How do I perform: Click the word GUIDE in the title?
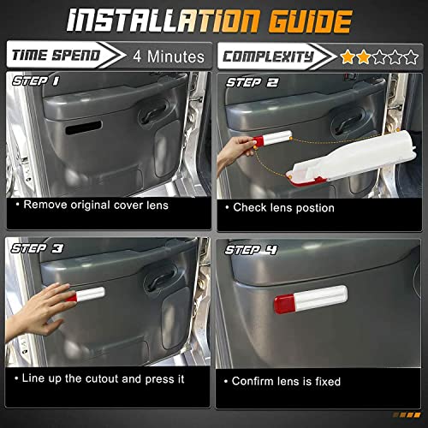311,21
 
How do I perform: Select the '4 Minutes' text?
169,56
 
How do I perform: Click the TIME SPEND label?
56,55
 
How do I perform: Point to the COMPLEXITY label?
268,56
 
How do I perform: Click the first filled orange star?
348,57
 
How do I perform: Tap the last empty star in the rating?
411,57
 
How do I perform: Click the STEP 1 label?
36,81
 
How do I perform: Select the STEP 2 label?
252,83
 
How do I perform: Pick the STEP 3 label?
37,248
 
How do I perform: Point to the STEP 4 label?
251,250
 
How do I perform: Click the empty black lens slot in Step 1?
84,128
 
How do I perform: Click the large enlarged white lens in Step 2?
352,158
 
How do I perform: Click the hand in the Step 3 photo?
39,310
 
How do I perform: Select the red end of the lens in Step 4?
284,304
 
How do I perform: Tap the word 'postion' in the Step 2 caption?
315,208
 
